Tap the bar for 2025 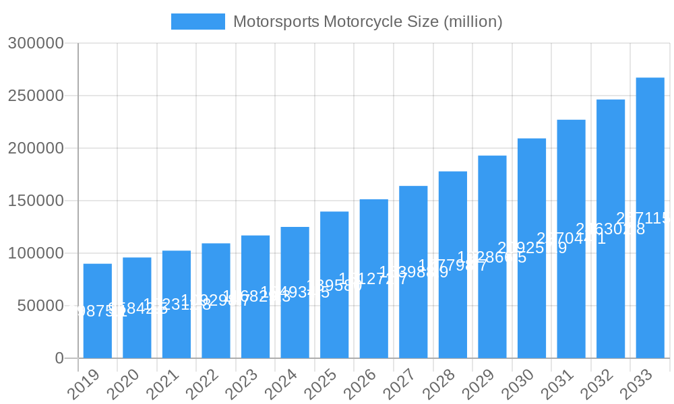pos(334,316)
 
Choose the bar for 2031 pos(571,296)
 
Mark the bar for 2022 pos(216,330)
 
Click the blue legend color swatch pos(197,22)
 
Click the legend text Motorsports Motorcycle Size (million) pos(367,22)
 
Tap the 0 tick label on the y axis pos(59,358)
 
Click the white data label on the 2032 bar pos(610,229)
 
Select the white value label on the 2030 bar pos(532,248)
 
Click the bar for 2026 pos(374,316)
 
